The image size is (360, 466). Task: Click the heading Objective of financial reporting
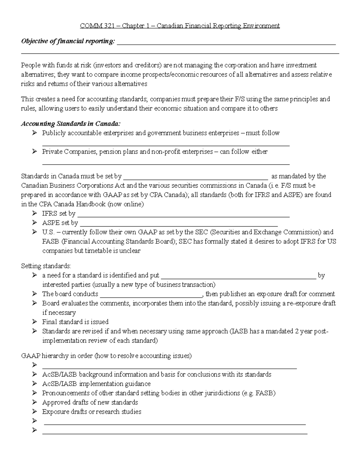tap(68, 41)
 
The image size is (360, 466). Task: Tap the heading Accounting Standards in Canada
tap(71, 124)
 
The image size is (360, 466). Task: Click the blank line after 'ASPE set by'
tap(179, 224)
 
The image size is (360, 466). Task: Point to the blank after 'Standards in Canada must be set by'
tap(196, 177)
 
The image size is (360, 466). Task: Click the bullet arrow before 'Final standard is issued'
tap(35, 322)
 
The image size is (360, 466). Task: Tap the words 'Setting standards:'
tap(46, 266)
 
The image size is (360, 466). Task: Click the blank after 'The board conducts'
tap(152, 294)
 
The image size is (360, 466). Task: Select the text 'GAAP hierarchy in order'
tap(57, 356)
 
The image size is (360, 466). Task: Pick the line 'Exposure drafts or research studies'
tap(91, 412)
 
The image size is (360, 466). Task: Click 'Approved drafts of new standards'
tap(90, 402)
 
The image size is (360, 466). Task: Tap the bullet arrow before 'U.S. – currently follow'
tap(35, 232)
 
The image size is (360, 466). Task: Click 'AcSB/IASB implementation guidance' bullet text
tap(96, 384)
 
